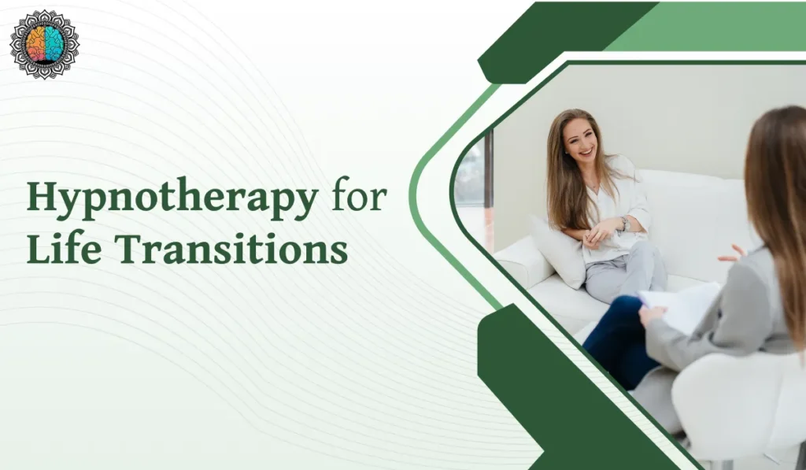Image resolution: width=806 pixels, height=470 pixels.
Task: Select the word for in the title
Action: (359, 198)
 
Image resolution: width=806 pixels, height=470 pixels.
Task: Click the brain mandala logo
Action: (44, 44)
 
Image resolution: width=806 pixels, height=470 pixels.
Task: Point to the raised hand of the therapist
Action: (731, 254)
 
